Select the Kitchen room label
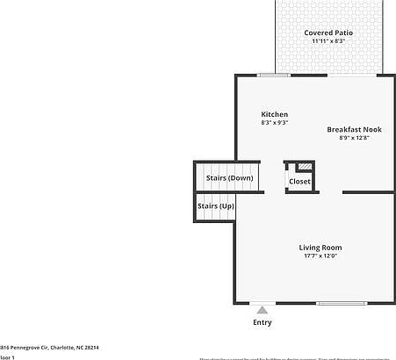275,115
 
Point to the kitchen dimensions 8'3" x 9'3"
275,123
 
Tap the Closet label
299,182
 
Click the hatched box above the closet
305,166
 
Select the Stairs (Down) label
230,178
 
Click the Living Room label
320,248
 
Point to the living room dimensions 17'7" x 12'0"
320,256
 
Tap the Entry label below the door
263,322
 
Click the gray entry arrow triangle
262,309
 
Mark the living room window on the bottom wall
341,304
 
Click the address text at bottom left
49,348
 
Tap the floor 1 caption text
7,357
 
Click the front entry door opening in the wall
262,304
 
